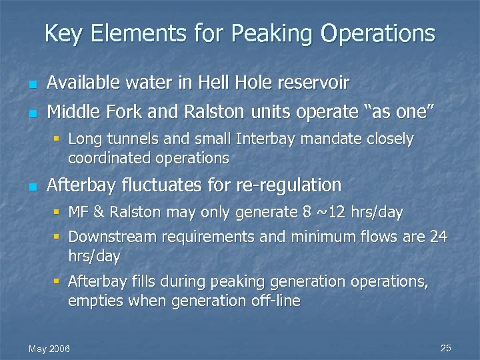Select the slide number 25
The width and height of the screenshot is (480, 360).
click(x=446, y=348)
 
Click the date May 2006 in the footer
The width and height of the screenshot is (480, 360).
click(x=49, y=349)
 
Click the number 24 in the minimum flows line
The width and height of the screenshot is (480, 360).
click(x=439, y=237)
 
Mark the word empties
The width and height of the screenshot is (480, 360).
click(x=93, y=301)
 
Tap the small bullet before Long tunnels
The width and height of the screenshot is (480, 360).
click(x=57, y=139)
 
